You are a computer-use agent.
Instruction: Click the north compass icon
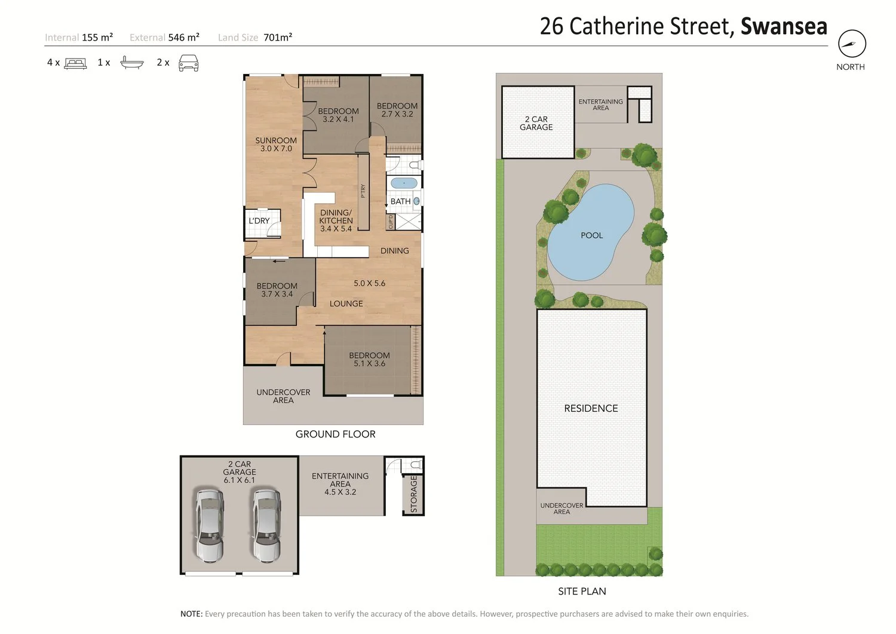(x=852, y=44)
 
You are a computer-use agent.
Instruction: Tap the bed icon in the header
(x=75, y=64)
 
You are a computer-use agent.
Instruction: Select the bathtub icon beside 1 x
(x=132, y=63)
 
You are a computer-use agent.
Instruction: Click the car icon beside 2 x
(x=188, y=63)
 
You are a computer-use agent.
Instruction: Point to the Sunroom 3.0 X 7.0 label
(x=276, y=145)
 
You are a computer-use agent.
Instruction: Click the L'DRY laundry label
(x=259, y=221)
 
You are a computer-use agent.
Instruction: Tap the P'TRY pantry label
(x=363, y=191)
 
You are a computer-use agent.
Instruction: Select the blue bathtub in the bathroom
(x=404, y=183)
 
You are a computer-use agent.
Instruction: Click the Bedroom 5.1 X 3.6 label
(x=369, y=360)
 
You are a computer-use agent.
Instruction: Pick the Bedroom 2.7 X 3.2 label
(x=397, y=110)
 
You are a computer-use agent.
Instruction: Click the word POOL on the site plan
(x=591, y=235)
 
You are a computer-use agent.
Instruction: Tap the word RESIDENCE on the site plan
(x=591, y=408)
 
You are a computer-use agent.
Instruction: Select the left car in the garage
(x=210, y=524)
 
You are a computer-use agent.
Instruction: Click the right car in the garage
(x=266, y=524)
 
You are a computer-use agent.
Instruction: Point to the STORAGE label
(x=413, y=494)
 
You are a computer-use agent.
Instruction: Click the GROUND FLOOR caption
(x=335, y=434)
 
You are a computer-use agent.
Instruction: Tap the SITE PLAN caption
(x=582, y=591)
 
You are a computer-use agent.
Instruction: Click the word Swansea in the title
(x=784, y=26)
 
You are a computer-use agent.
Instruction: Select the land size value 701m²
(x=278, y=37)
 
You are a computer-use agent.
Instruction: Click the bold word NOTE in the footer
(x=191, y=614)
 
